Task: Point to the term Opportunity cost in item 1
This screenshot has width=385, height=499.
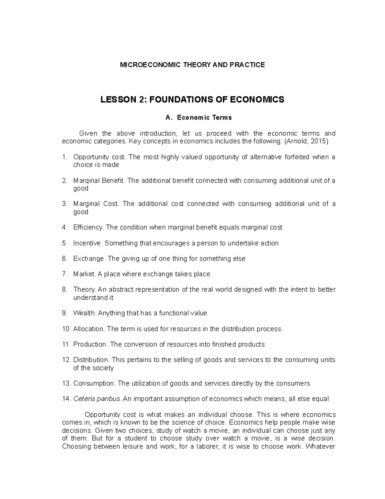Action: click(100, 157)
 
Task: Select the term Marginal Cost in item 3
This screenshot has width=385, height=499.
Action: click(96, 204)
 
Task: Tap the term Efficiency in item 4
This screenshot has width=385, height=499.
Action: click(88, 227)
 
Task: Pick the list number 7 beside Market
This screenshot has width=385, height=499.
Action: click(65, 274)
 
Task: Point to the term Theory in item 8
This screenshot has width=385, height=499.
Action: click(84, 290)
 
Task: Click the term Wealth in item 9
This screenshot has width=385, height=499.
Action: click(84, 313)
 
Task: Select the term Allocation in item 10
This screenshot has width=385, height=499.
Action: click(89, 329)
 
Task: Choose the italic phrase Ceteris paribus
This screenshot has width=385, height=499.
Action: click(97, 399)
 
